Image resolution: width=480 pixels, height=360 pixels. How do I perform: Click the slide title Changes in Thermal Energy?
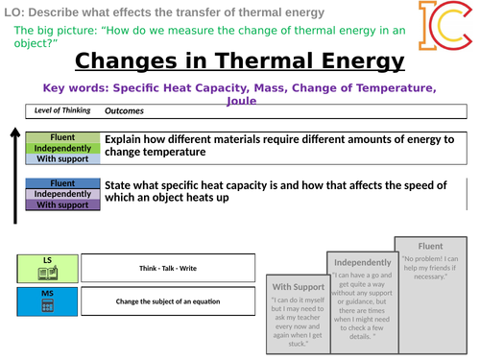coord(239,63)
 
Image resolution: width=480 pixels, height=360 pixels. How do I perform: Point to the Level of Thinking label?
coord(62,110)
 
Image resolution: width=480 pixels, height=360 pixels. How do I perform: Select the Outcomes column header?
coord(124,111)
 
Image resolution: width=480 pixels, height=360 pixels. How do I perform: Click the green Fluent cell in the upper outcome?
coord(61,138)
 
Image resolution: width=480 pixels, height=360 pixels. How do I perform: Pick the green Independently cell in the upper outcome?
coord(61,149)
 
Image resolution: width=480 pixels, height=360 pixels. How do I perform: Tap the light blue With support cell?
coord(61,159)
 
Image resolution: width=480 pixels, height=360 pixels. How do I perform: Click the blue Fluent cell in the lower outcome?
coord(61,183)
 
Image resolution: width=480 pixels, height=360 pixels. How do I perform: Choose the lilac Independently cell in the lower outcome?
coord(61,194)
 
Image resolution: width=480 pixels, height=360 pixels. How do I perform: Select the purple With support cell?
coord(61,204)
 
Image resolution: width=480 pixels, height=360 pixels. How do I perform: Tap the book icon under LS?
coord(46,275)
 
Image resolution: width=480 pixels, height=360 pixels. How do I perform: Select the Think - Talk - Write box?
coord(168,268)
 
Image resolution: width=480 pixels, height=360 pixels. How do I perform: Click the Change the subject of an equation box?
coord(168,300)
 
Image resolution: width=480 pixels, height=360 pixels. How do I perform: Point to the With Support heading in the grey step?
coord(298,287)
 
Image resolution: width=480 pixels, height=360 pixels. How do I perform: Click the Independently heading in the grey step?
coord(361,262)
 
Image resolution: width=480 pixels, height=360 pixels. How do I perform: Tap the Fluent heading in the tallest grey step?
coord(429,245)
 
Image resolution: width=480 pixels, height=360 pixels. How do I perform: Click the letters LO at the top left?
coord(11,11)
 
